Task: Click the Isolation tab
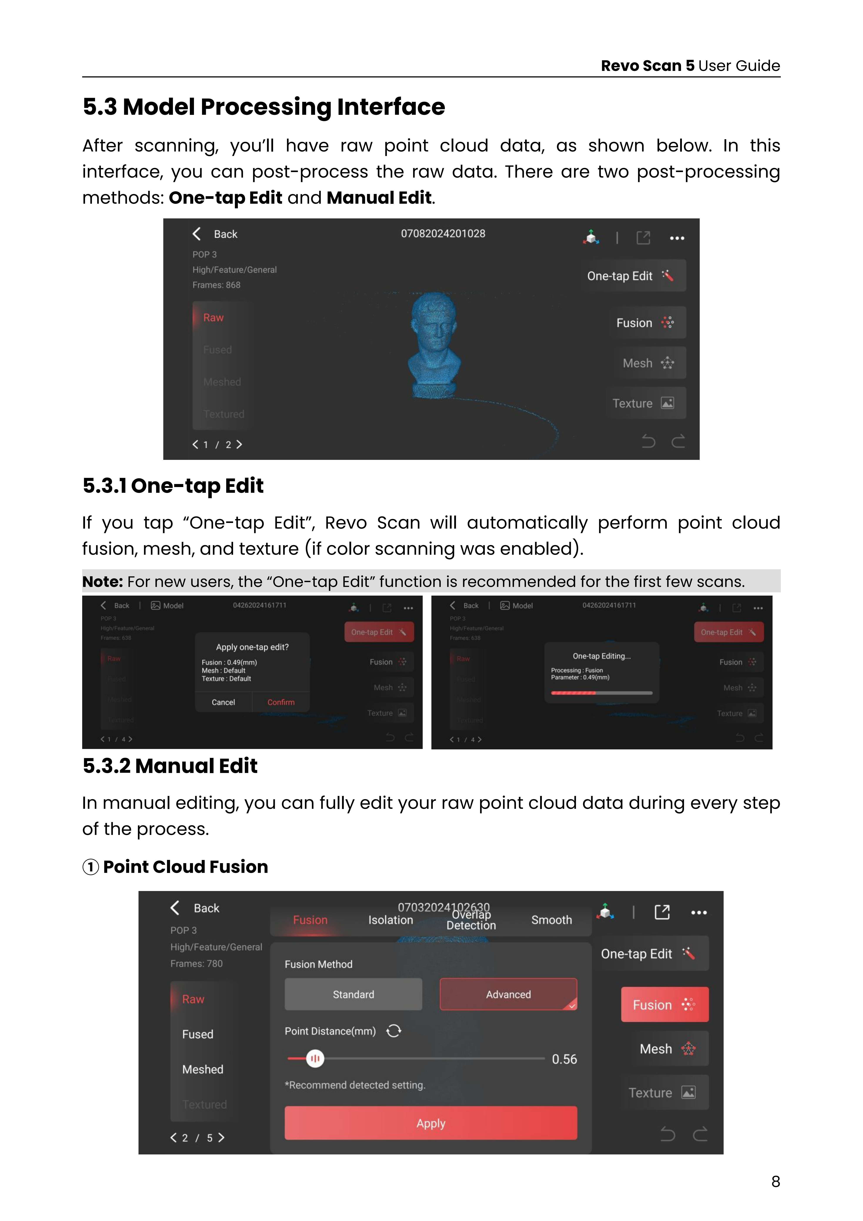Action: click(x=391, y=920)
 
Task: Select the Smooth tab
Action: click(x=552, y=920)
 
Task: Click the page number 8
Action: click(x=775, y=1182)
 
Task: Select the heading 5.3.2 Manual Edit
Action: click(x=170, y=766)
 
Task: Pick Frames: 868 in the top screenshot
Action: click(x=216, y=285)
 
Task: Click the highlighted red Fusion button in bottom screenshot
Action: click(x=664, y=1005)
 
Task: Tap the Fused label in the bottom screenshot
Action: click(x=198, y=1034)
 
